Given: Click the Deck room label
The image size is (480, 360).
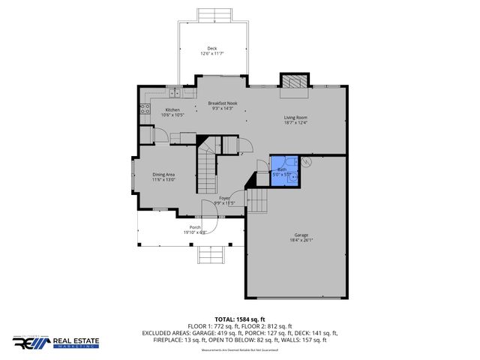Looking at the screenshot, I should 213,48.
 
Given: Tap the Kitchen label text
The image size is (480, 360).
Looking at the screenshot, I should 172,109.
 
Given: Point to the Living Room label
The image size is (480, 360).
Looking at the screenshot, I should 295,117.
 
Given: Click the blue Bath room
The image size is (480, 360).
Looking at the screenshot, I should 283,171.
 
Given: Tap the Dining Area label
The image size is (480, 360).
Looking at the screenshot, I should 163,174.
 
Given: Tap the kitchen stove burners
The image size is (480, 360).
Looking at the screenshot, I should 143,111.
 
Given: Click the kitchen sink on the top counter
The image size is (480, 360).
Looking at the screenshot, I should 173,94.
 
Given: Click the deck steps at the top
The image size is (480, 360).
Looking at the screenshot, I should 213,15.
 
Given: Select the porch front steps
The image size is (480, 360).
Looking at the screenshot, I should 212,256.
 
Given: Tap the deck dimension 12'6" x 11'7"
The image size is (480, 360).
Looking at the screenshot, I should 213,53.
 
